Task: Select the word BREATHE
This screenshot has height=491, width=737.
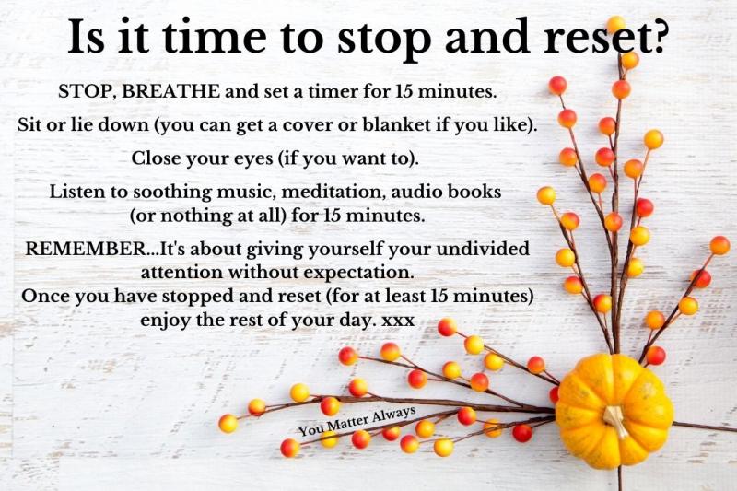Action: point(170,90)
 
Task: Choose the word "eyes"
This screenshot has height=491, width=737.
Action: point(253,159)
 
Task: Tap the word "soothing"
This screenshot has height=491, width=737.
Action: point(172,193)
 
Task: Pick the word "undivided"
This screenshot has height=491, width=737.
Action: point(483,248)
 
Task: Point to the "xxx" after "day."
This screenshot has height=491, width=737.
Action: point(398,321)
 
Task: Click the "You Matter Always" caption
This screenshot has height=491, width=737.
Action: point(357,421)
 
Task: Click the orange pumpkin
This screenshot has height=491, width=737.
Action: point(614,411)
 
